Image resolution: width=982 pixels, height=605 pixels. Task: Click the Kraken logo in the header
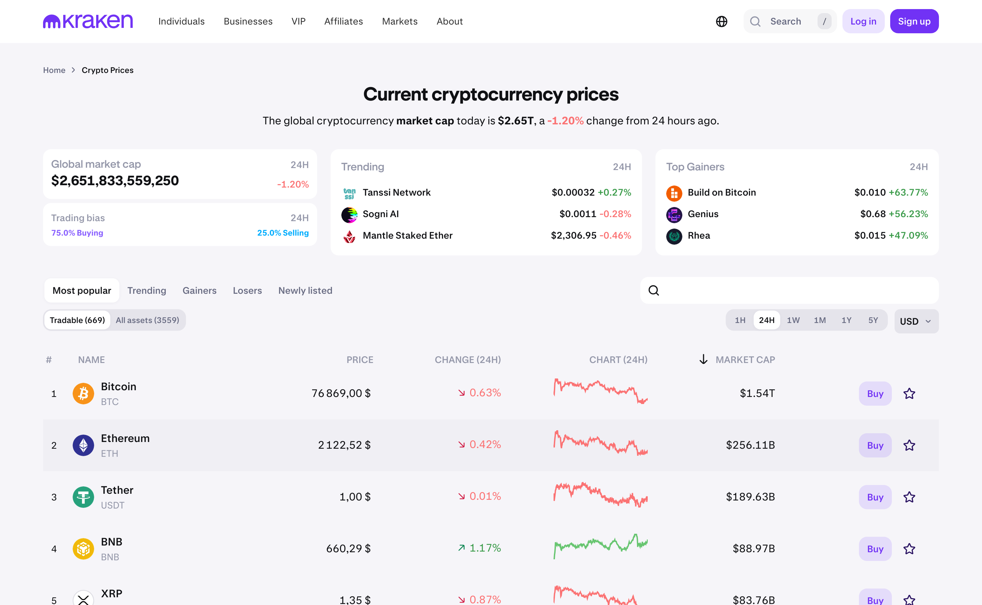pos(88,21)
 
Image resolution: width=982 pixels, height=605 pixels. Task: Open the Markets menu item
pos(400,21)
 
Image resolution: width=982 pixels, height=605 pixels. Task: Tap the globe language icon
pos(721,21)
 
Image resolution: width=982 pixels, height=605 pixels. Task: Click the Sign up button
pos(914,21)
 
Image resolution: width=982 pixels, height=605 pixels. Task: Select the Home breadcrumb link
pos(54,70)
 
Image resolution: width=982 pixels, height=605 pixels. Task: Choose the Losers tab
pos(248,290)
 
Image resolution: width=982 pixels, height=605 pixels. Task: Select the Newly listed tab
pos(305,290)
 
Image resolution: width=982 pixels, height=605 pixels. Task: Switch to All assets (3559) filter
pos(147,320)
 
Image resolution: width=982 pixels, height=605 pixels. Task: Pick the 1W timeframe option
pos(793,320)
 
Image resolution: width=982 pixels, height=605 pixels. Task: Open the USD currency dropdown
pos(916,321)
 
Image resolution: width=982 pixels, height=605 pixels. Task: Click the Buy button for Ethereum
pos(875,445)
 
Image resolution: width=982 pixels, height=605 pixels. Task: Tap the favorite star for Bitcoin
pos(909,394)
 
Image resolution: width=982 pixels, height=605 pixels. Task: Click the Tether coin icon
pos(83,497)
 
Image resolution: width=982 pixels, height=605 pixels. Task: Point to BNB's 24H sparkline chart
pos(601,546)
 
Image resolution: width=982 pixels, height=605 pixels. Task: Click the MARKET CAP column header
pos(745,360)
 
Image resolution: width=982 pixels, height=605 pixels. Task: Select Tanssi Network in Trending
pos(396,193)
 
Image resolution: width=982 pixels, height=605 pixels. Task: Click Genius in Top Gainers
pos(703,214)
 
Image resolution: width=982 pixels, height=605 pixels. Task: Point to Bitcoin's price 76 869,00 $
pos(341,393)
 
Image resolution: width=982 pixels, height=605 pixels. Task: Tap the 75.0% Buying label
pos(77,233)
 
